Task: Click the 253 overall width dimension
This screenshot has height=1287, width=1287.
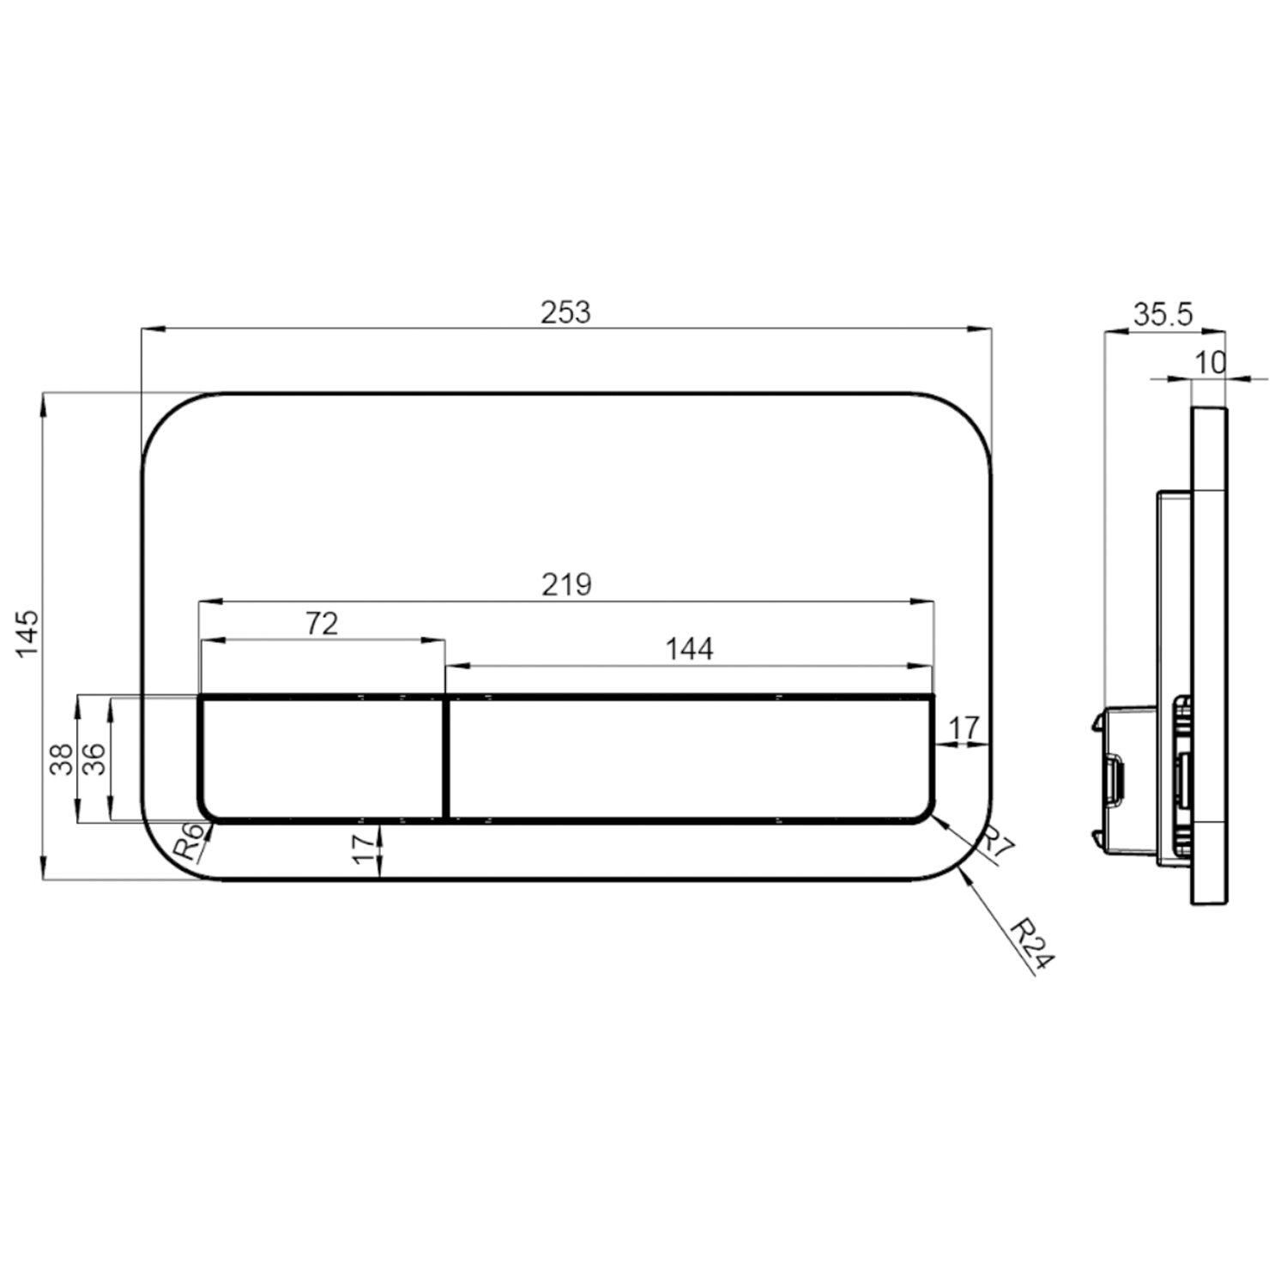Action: click(x=565, y=312)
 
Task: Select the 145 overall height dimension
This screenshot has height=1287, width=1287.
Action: click(x=28, y=633)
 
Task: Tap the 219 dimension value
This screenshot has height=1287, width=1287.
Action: click(x=566, y=584)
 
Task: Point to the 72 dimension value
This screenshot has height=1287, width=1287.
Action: click(x=322, y=624)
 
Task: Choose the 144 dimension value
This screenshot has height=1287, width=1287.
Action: click(x=689, y=649)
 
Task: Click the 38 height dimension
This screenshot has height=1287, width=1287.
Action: click(x=61, y=759)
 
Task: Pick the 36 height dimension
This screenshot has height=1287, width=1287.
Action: click(x=94, y=759)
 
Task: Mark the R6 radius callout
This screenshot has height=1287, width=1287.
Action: click(x=190, y=842)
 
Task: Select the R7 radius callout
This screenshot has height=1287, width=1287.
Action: click(x=997, y=843)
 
